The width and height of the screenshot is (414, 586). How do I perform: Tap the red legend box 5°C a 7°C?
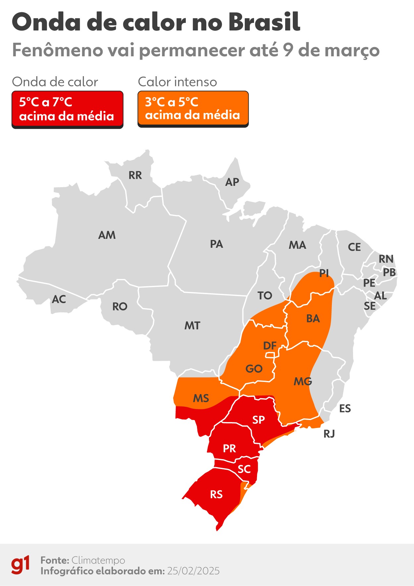[67, 109]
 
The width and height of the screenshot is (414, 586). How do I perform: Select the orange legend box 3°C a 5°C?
[193, 109]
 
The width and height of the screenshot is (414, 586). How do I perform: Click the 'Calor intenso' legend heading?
[177, 82]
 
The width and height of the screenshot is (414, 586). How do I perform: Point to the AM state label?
[107, 235]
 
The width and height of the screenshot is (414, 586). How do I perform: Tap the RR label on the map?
[135, 175]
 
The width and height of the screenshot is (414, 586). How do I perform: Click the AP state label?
[232, 182]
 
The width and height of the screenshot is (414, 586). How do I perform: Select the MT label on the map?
[192, 326]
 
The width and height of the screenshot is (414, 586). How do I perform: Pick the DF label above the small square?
[270, 346]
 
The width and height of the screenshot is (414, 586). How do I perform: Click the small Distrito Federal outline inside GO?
[270, 355]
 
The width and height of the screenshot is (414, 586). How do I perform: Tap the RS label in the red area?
[216, 495]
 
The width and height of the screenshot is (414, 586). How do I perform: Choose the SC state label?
[244, 469]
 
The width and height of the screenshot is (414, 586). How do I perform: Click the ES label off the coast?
[345, 408]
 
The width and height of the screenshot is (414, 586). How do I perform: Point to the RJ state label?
[329, 434]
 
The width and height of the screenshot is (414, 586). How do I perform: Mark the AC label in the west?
[59, 299]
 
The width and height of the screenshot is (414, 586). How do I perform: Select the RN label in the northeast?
[386, 259]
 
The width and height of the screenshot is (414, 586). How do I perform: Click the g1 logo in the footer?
[21, 565]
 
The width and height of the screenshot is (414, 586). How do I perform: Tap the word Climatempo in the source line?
[98, 560]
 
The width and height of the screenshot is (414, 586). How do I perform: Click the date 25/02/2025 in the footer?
[193, 571]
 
